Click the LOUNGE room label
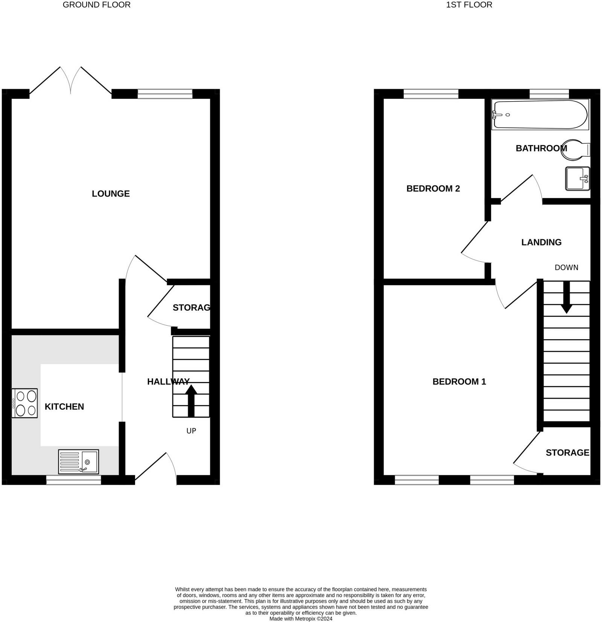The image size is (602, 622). pyautogui.click(x=111, y=194)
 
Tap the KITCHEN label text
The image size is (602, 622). pyautogui.click(x=64, y=407)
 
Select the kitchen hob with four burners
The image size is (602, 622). pyautogui.click(x=25, y=403)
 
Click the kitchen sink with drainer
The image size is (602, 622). pyautogui.click(x=79, y=461)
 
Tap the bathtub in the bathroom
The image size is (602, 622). pyautogui.click(x=540, y=114)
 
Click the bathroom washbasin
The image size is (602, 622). pyautogui.click(x=577, y=178)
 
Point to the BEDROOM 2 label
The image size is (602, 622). pyautogui.click(x=433, y=188)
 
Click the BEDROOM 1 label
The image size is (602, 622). pyautogui.click(x=459, y=382)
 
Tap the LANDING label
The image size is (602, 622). pyautogui.click(x=541, y=242)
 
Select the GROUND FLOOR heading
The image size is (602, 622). pyautogui.click(x=96, y=5)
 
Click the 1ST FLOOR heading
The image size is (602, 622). pyautogui.click(x=469, y=5)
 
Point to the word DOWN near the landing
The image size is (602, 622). pyautogui.click(x=566, y=267)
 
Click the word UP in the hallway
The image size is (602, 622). pyautogui.click(x=191, y=431)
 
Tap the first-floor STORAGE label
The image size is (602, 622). pyautogui.click(x=567, y=452)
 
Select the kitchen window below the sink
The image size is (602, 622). pyautogui.click(x=74, y=480)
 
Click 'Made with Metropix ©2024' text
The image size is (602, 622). pyautogui.click(x=301, y=619)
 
